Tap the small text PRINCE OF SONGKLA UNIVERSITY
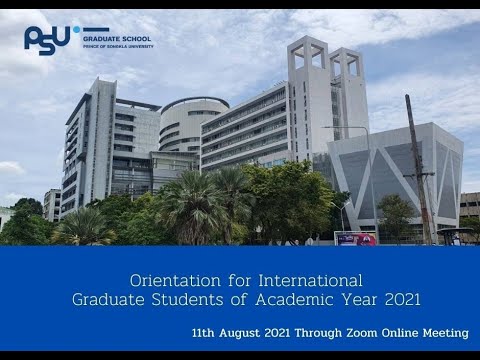(x=118, y=46)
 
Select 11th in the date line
(x=208, y=332)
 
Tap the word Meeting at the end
(x=445, y=332)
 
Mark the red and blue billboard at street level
(x=355, y=238)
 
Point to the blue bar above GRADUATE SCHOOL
(x=96, y=30)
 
